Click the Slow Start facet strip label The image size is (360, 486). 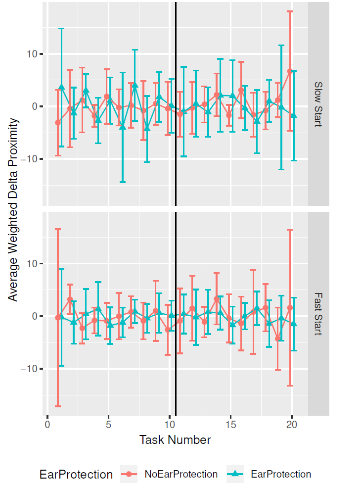click(x=318, y=104)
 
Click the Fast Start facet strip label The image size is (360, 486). click(x=318, y=314)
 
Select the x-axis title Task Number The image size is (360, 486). click(x=175, y=440)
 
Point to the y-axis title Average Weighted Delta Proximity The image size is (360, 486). click(x=13, y=209)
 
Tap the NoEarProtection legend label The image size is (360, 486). click(x=181, y=474)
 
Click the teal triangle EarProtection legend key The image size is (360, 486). click(x=236, y=474)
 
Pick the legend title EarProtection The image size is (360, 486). click(x=76, y=475)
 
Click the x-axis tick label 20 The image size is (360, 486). click(x=292, y=426)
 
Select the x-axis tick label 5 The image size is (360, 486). click(x=108, y=426)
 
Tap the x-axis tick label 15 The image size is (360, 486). click(x=230, y=426)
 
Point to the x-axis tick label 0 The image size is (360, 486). click(x=47, y=426)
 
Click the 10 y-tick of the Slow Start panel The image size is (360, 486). click(x=32, y=54)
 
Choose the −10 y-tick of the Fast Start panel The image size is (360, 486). click(x=28, y=369)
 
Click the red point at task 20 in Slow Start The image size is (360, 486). click(x=290, y=71)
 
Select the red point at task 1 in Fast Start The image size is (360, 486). click(x=58, y=317)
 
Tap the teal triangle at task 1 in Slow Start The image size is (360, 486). click(x=62, y=87)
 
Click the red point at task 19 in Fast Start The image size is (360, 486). click(x=278, y=339)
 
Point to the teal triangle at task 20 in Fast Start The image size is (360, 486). click(x=294, y=324)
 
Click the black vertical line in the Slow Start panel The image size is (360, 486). click(x=176, y=148)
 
